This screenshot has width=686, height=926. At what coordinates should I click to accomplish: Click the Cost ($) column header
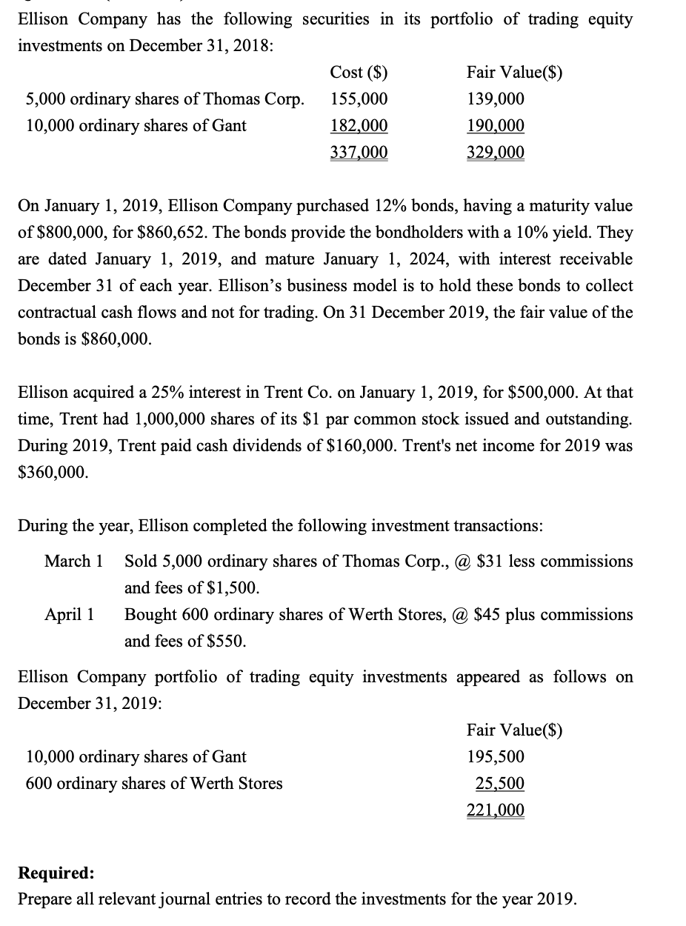click(359, 73)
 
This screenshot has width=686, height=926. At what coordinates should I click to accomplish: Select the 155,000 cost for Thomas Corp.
click(359, 99)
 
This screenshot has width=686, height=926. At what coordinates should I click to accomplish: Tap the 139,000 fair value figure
click(496, 99)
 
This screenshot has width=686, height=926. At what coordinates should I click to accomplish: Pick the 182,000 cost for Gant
click(359, 126)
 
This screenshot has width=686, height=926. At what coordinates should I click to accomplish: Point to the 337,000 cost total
click(359, 153)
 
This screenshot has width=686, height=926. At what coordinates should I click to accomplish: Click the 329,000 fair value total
click(496, 153)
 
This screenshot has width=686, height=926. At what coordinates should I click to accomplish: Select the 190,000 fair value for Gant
click(496, 126)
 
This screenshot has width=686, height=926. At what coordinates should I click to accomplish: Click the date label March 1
click(73, 562)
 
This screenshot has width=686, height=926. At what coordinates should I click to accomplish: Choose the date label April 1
click(69, 615)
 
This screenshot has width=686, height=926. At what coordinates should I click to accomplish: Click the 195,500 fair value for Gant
click(496, 757)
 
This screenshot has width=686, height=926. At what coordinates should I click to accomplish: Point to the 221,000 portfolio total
click(496, 810)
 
